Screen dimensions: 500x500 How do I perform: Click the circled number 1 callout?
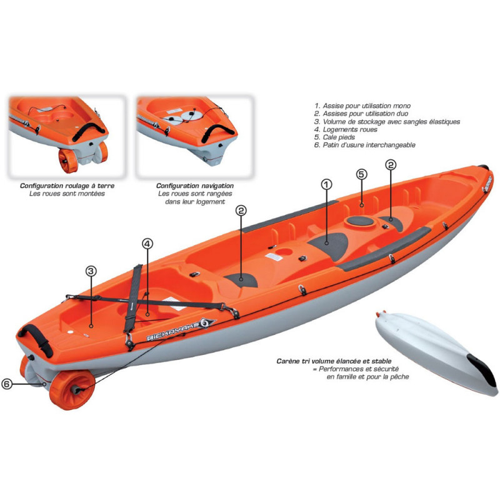click(326, 184)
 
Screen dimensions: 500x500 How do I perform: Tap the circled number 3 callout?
click(91, 271)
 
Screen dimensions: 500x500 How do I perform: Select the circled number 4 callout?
click(147, 244)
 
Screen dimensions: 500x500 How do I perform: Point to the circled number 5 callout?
click(361, 174)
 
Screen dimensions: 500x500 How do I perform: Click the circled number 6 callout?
click(7, 384)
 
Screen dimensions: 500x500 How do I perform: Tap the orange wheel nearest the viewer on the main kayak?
click(72, 390)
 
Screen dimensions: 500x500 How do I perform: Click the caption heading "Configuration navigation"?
click(195, 186)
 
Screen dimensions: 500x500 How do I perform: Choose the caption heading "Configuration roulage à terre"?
click(67, 186)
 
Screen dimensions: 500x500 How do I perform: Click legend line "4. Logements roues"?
click(346, 129)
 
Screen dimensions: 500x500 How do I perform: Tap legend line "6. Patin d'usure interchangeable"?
click(365, 145)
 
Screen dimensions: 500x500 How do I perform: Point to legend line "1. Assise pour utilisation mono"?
click(362, 106)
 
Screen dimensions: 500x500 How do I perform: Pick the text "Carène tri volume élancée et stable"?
click(334, 361)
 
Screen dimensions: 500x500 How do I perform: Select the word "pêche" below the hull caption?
click(400, 377)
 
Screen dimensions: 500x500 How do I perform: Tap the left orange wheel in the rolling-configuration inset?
click(68, 161)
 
